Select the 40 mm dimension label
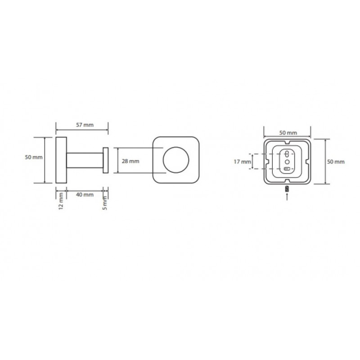coord(85,194)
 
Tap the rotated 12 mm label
coord(61,201)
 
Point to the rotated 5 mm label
coord(105,202)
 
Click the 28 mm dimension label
coord(130,161)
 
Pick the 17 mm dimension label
coord(243,162)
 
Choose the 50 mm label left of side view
coord(34,157)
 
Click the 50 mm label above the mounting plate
coord(288,133)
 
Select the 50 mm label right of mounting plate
coord(336,162)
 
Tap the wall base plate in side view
coord(61,160)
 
